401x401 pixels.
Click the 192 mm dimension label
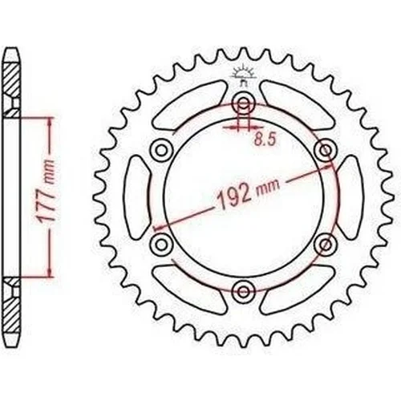(x=249, y=193)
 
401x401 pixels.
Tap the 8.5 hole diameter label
(x=265, y=140)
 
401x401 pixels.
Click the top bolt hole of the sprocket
(x=243, y=103)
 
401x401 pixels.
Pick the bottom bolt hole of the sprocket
(x=243, y=291)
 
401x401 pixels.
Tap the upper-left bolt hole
(x=161, y=150)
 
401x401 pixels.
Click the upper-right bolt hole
(x=326, y=150)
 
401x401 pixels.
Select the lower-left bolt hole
(x=161, y=244)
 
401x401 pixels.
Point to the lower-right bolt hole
(x=326, y=244)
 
